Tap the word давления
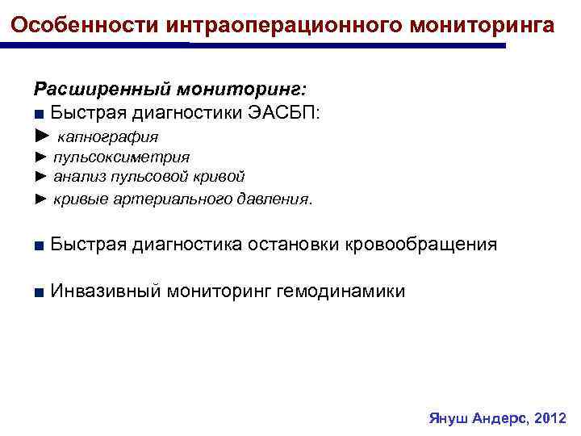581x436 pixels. [271, 198]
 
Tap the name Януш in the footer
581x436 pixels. [446, 420]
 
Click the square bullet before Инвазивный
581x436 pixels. [38, 291]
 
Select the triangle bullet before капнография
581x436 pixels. [42, 136]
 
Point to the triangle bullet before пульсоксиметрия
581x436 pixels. [41, 157]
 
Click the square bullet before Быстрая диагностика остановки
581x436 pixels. [38, 245]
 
